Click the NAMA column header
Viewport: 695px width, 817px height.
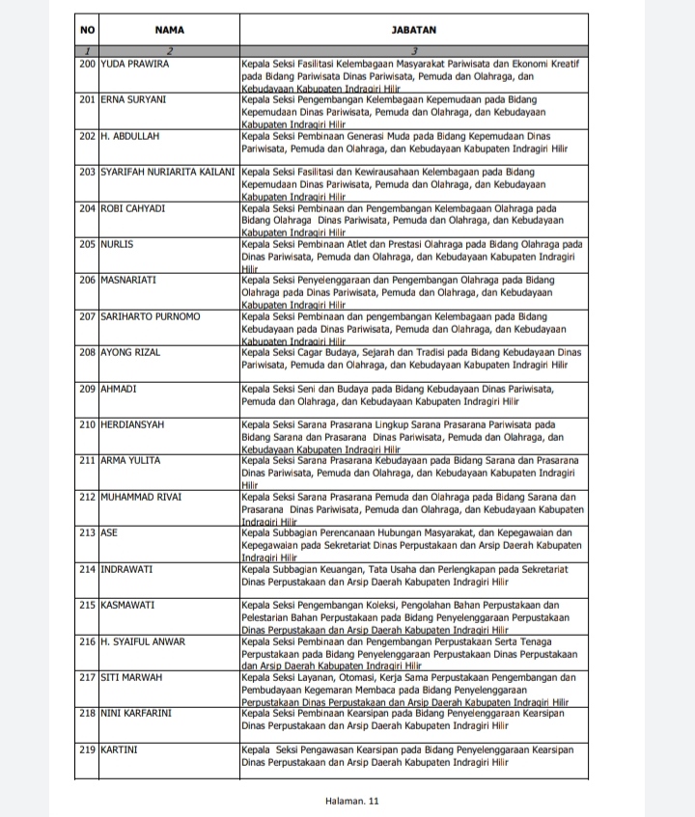pyautogui.click(x=169, y=30)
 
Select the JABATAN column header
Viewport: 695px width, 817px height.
pyautogui.click(x=413, y=30)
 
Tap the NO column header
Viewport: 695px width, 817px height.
pyautogui.click(x=88, y=30)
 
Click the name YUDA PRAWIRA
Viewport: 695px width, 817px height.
pyautogui.click(x=135, y=64)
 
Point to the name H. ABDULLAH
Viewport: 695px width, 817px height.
pyautogui.click(x=130, y=136)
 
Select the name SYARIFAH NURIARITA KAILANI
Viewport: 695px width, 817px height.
pyautogui.click(x=168, y=172)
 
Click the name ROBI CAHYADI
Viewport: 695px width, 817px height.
pyautogui.click(x=134, y=208)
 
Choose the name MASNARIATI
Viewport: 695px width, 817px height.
pyautogui.click(x=129, y=280)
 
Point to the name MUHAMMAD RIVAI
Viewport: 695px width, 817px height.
pyautogui.click(x=141, y=497)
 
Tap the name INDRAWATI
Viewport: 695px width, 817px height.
pyautogui.click(x=128, y=569)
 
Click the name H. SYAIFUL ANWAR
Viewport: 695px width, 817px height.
pyautogui.click(x=144, y=641)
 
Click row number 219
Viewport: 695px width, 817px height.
pyautogui.click(x=89, y=749)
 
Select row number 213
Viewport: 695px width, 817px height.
pyautogui.click(x=89, y=532)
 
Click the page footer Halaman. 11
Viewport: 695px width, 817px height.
pyautogui.click(x=353, y=801)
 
